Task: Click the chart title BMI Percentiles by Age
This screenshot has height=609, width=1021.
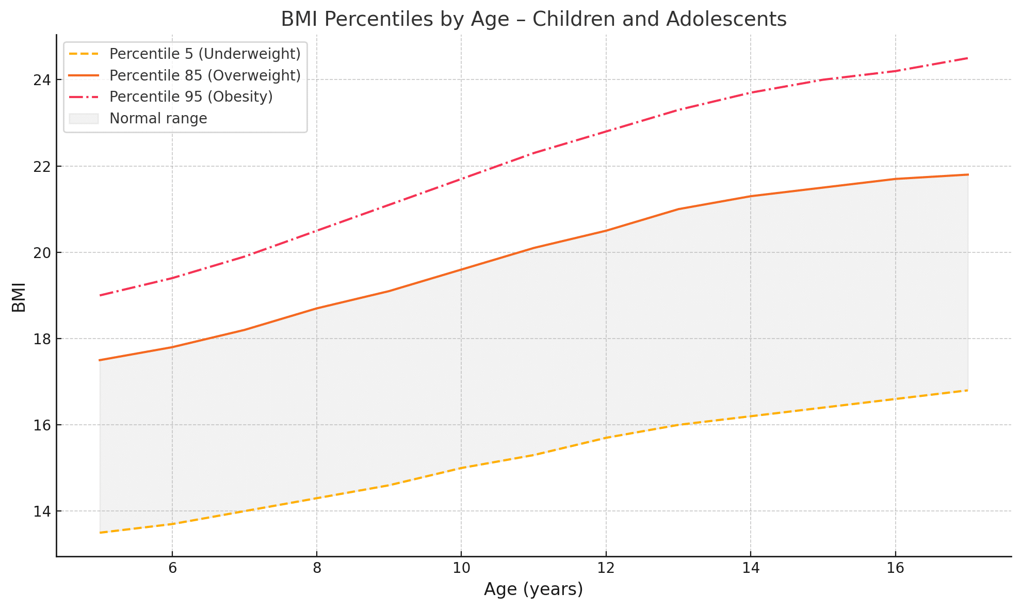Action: coord(533,20)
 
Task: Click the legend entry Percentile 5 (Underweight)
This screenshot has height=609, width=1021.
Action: coord(205,54)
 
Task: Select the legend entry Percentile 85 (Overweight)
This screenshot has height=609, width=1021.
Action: coord(205,75)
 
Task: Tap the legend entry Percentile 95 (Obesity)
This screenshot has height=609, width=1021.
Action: coord(191,97)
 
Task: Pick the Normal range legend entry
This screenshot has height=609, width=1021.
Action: coord(158,118)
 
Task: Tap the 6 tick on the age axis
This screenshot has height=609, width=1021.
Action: coord(172,568)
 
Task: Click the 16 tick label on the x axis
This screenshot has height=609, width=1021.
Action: coord(895,568)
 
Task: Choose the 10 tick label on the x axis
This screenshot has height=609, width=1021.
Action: coord(461,568)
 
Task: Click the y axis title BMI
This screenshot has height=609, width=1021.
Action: coord(19,297)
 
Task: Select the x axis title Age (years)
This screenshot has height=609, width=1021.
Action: coord(533,589)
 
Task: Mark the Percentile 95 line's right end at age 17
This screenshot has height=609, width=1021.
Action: coord(967,58)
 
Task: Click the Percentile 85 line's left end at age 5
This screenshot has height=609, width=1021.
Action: coord(100,360)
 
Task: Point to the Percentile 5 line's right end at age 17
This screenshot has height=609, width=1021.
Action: coord(967,390)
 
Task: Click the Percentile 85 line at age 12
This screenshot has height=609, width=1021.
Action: coord(606,231)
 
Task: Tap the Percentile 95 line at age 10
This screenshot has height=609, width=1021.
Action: coord(461,179)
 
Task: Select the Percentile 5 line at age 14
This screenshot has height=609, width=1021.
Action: coord(751,416)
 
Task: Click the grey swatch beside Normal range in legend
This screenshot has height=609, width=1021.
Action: coord(83,118)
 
